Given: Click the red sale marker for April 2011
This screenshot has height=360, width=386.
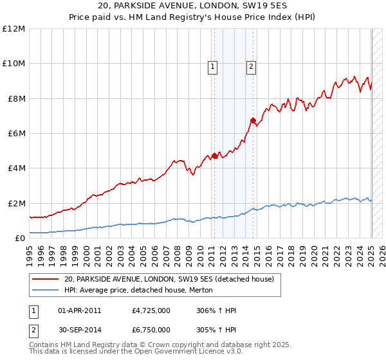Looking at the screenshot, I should pyautogui.click(x=214, y=156).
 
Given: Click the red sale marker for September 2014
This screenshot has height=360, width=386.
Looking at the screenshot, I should pyautogui.click(x=253, y=120).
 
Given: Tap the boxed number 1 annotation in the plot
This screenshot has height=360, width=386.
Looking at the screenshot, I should pyautogui.click(x=212, y=65).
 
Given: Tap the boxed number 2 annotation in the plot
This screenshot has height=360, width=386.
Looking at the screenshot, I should pyautogui.click(x=251, y=65).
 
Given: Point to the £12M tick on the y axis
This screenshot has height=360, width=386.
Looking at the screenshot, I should pyautogui.click(x=14, y=29).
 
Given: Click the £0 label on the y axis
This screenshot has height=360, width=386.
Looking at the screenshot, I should pyautogui.click(x=19, y=239).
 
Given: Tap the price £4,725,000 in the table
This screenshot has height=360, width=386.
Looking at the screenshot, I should pyautogui.click(x=151, y=310).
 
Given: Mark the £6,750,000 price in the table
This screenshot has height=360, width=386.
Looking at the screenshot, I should pyautogui.click(x=151, y=330).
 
